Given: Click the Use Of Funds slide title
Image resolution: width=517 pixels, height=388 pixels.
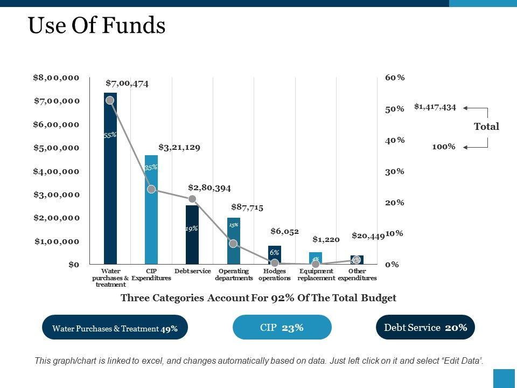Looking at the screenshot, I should [97, 26].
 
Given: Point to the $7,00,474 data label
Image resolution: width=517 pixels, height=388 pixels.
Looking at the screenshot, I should [127, 83].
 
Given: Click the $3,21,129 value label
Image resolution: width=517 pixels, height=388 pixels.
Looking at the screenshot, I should [179, 147].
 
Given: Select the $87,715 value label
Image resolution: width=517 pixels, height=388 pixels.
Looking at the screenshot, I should [247, 207].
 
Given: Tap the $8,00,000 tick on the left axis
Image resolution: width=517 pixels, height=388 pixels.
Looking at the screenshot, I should [56, 78].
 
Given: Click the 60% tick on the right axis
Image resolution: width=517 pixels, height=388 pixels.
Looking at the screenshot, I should [395, 78].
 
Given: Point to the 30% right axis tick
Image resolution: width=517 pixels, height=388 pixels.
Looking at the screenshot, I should [395, 171].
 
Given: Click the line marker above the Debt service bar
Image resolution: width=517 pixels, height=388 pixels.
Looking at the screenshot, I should [192, 199].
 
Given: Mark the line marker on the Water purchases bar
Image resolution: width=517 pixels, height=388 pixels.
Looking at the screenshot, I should [110, 100].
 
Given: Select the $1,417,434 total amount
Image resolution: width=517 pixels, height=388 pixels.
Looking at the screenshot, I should [435, 107].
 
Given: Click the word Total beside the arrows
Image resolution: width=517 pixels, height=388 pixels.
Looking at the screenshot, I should [486, 127].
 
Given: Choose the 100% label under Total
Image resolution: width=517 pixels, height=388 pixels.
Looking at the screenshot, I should [444, 146].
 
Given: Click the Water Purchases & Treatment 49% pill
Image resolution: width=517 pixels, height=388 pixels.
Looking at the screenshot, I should [115, 327].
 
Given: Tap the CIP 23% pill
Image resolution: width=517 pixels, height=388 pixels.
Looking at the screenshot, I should [282, 327].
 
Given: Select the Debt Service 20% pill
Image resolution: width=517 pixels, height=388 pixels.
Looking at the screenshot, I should [425, 327].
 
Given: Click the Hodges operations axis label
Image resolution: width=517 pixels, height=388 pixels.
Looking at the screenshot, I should [275, 274].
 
